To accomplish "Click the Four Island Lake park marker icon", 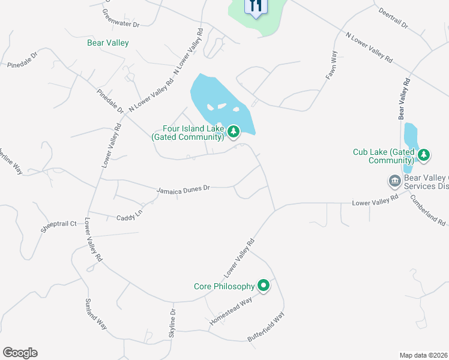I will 233,131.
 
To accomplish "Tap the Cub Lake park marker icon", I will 424,155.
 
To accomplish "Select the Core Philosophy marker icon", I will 264,286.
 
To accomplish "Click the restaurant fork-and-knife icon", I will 255,7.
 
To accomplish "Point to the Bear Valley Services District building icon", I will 394,181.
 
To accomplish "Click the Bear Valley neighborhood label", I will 108,43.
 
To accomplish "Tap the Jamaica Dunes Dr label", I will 183,189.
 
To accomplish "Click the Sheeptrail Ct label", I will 59,225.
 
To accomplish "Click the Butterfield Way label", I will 266,327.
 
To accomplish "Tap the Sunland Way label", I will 96,313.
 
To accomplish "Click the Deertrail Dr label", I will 393,19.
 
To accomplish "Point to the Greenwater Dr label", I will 120,19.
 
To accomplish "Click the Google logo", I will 20,353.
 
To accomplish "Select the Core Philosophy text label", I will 224,286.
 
